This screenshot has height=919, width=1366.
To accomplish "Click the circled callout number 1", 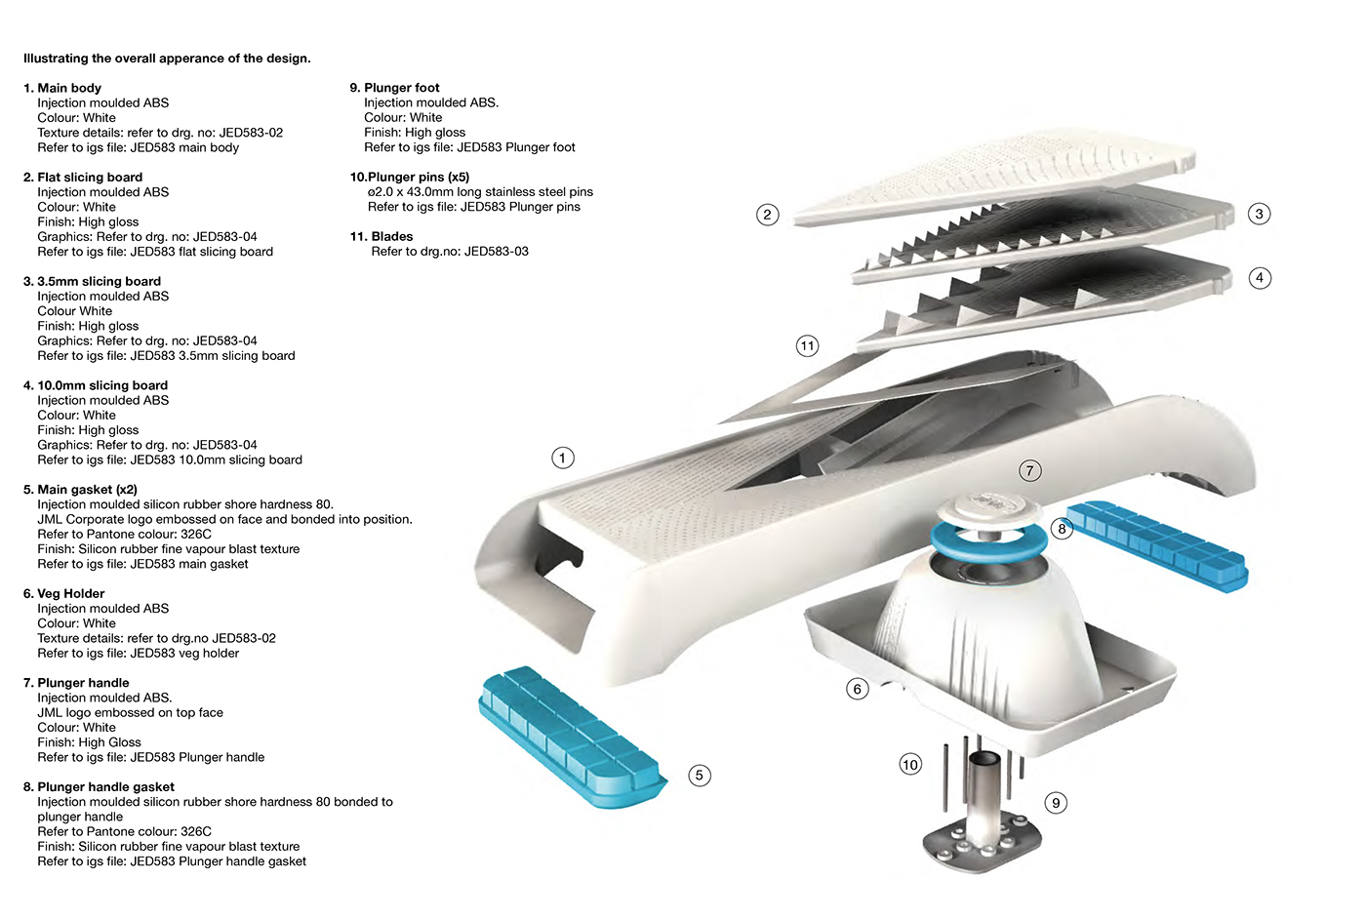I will (x=563, y=458).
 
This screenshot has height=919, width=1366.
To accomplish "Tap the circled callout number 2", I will (x=768, y=215).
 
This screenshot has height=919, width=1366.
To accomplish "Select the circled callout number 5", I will (x=699, y=776).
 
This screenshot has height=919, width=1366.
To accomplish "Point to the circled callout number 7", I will (x=1029, y=471).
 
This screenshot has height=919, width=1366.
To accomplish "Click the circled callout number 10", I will (x=910, y=764).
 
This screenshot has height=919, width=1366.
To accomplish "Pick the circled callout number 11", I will (x=807, y=345).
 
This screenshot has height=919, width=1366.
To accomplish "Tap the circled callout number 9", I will (x=1056, y=803).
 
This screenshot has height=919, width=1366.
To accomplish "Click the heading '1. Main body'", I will (x=62, y=88).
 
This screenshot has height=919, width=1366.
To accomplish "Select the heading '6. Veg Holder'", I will (x=63, y=593).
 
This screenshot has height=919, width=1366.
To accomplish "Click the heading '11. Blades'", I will (x=382, y=236).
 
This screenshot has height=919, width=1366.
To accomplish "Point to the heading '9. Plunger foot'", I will (x=394, y=88).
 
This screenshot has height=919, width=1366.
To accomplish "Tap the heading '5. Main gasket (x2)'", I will (x=80, y=489).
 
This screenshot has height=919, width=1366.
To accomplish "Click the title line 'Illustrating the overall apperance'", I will (x=167, y=59).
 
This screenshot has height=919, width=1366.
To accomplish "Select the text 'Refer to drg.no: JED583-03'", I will (x=450, y=252).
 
